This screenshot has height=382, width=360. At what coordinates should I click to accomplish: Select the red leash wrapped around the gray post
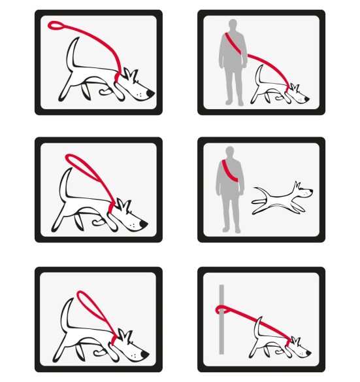click(221, 310)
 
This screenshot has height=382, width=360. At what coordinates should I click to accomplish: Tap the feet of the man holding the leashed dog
click(230, 102)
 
